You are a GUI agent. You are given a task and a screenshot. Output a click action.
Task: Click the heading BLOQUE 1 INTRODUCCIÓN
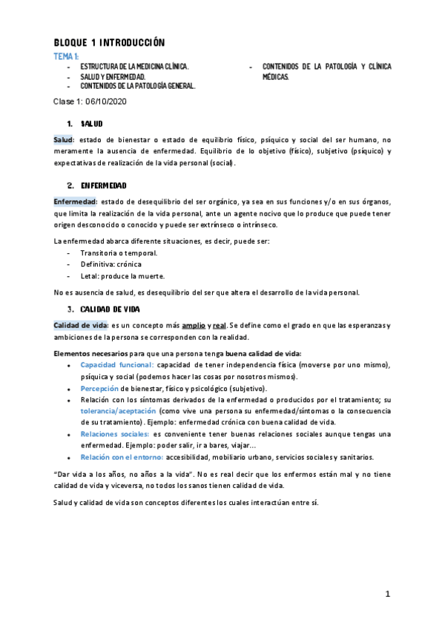click(110, 42)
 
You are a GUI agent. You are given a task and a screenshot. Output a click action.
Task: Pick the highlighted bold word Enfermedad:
click(76, 201)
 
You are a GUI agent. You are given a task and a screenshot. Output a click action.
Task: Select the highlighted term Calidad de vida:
click(82, 325)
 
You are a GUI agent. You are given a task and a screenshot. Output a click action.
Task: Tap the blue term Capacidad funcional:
click(116, 365)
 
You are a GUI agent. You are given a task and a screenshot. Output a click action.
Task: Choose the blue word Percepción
click(99, 388)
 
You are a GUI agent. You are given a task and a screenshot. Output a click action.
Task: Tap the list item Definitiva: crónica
click(111, 264)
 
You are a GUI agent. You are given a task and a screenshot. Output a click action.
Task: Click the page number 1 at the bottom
click(387, 595)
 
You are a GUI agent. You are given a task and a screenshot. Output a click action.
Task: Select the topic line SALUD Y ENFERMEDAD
click(113, 76)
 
